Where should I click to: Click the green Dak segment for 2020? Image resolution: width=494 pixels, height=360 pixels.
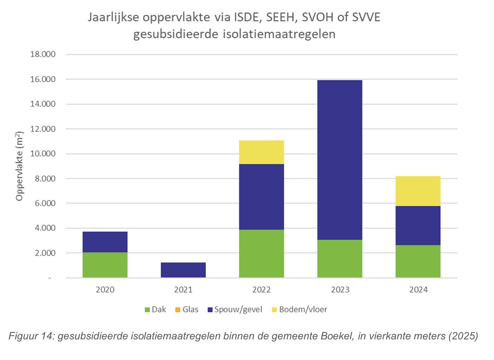105,265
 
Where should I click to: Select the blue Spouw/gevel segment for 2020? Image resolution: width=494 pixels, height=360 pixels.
105,242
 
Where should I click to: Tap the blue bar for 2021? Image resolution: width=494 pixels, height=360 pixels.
183,270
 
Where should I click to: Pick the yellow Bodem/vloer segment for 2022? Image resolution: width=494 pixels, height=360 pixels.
261,152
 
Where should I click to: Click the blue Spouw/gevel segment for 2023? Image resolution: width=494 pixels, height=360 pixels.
340,160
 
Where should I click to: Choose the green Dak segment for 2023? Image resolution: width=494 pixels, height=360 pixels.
340,259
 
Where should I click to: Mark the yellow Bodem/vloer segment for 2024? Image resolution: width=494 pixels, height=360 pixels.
418,191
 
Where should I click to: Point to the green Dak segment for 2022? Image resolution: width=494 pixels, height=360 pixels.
261,253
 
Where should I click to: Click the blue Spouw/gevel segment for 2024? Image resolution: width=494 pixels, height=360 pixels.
418,225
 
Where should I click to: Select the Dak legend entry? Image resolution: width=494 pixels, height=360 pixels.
155,309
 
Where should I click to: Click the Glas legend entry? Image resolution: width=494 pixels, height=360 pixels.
187,309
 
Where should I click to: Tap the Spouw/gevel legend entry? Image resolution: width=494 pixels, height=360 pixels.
235,309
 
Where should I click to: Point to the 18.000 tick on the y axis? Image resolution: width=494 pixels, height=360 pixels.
43,54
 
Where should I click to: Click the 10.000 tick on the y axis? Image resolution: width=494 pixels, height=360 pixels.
43,154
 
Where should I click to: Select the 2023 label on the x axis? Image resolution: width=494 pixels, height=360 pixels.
340,289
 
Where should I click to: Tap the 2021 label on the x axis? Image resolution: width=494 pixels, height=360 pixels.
183,289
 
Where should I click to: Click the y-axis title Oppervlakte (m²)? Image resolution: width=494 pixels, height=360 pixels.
20,166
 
